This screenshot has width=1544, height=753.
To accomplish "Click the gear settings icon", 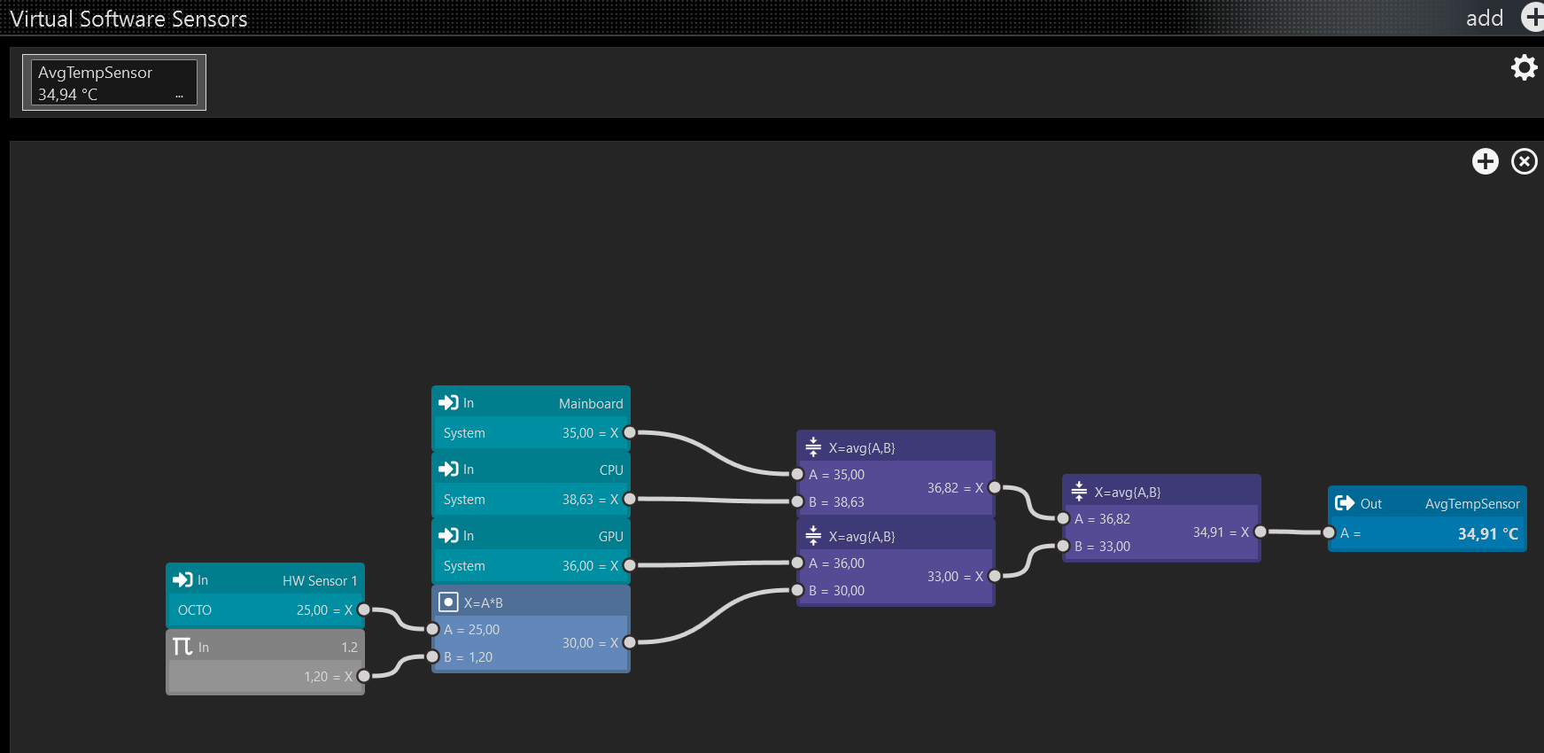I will coord(1524,67).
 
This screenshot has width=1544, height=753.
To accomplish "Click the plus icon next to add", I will coord(1532,17).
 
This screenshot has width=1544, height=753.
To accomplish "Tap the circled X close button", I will coord(1524,161).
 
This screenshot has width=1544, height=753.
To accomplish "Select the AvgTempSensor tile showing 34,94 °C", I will coord(114,82).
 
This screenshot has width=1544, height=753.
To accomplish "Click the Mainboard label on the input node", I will coord(590,404).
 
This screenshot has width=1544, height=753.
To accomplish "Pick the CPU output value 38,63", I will coord(578,500).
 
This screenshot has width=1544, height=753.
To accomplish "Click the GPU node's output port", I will coord(629,565).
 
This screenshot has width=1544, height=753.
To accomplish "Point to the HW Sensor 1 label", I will coord(319,581).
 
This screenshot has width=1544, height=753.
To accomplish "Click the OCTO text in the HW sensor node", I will coord(195,610).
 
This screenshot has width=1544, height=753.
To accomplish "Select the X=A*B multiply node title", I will coord(483,603).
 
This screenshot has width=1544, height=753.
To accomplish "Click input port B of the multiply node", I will coord(432,656).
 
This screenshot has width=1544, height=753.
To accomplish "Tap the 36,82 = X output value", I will coord(954,488).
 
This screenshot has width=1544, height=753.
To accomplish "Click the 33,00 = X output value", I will coord(954,577).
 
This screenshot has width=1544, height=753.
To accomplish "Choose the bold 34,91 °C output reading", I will coord(1487,534).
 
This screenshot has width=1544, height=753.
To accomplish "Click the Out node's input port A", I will coord(1329,532).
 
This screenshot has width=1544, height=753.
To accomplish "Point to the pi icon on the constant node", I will coord(182,647).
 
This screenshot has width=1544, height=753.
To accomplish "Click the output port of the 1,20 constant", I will coord(363,676).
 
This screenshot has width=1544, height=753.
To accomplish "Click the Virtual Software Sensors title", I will coord(129,19).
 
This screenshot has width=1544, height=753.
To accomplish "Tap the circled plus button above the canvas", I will coord(1485,161).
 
